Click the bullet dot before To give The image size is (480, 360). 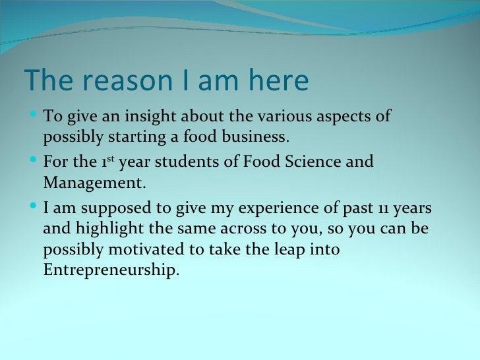pos(34,117)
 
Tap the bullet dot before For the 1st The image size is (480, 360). pos(34,161)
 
